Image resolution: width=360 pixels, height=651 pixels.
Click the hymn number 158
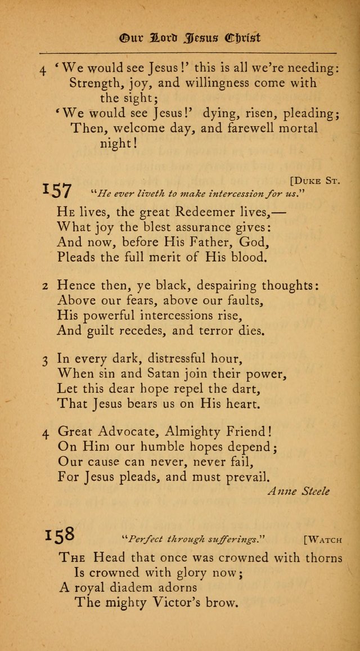pyautogui.click(x=60, y=535)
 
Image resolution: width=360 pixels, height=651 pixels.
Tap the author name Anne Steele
pyautogui.click(x=298, y=491)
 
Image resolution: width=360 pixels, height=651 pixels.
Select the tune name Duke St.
pyautogui.click(x=316, y=181)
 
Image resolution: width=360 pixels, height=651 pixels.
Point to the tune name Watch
pyautogui.click(x=322, y=540)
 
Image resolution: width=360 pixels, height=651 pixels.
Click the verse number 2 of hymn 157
pyautogui.click(x=46, y=286)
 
